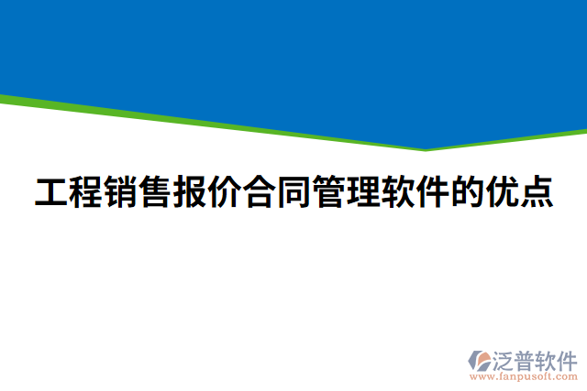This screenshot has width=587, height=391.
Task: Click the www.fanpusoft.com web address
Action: click(x=524, y=375)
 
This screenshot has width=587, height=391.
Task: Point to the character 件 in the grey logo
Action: click(x=569, y=358)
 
